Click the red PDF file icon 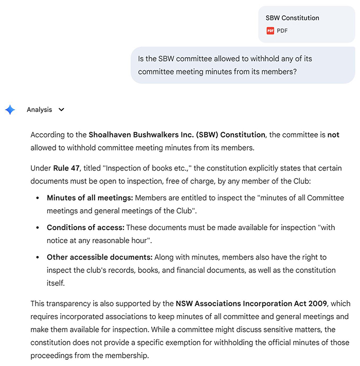click(271, 31)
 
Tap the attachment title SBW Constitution click(292, 18)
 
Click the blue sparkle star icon click(10, 109)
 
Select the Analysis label click(40, 109)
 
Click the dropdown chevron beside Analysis click(62, 109)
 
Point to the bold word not click(334, 135)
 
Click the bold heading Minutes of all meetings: click(89, 197)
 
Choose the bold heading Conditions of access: click(85, 227)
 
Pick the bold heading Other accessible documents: click(99, 257)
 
